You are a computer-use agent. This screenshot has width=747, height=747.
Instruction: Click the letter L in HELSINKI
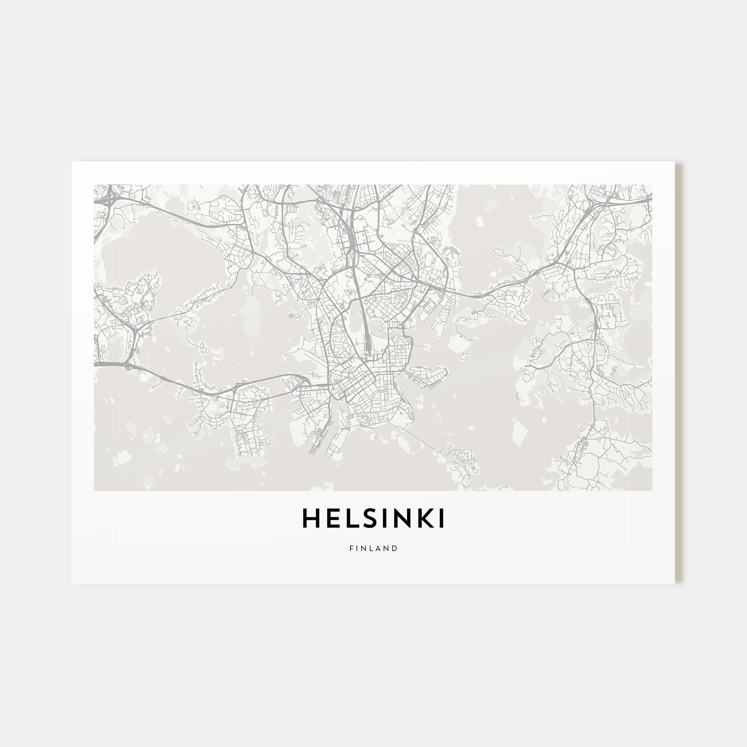click(349, 518)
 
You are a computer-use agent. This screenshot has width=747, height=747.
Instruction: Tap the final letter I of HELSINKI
click(441, 518)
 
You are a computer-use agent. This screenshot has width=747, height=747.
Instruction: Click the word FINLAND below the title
click(373, 548)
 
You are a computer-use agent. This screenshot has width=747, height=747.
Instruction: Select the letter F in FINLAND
click(351, 548)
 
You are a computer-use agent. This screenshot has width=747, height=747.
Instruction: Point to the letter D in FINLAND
click(395, 548)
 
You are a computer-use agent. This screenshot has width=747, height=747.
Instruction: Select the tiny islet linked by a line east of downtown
click(427, 347)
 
